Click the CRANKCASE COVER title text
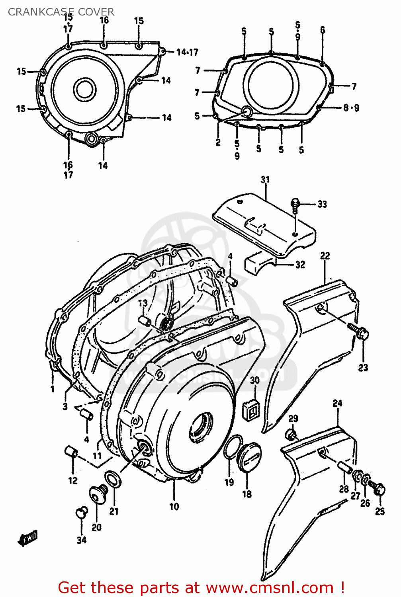pos(61,12)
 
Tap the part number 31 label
pos(265,180)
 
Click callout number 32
pos(300,265)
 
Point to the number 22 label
pos(325,256)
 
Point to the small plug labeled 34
pos(82,512)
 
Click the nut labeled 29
pos(291,434)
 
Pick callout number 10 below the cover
pos(174,507)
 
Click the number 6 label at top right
pos(322,30)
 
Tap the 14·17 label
pos(187,53)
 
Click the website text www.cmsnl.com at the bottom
pos(270,587)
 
